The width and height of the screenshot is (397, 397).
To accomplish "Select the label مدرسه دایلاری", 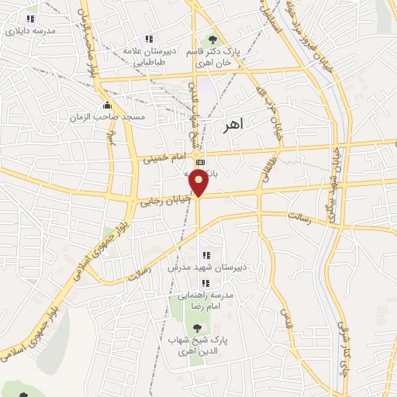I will (x=31, y=32).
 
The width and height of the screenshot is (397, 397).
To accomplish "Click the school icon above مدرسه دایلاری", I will (x=31, y=19).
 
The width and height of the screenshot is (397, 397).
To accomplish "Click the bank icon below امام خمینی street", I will (x=201, y=162).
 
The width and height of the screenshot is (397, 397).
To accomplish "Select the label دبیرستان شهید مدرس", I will (x=208, y=268).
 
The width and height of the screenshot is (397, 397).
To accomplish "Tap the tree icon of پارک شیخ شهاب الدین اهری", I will (x=195, y=329).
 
